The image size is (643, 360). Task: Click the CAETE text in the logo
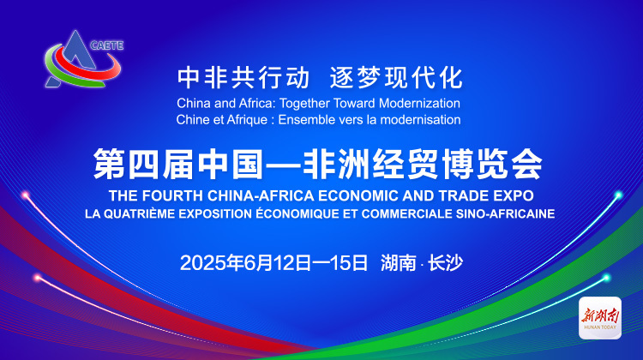(107, 45)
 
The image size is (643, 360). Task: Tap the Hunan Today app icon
(600, 318)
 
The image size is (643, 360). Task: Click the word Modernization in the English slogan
(419, 103)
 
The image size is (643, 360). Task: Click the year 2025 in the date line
(197, 263)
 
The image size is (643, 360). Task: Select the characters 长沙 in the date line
(445, 263)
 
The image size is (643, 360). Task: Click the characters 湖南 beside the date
(398, 263)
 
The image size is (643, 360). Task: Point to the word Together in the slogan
(304, 103)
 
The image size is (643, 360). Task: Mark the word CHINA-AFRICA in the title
(261, 195)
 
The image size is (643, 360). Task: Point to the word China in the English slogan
(191, 103)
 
